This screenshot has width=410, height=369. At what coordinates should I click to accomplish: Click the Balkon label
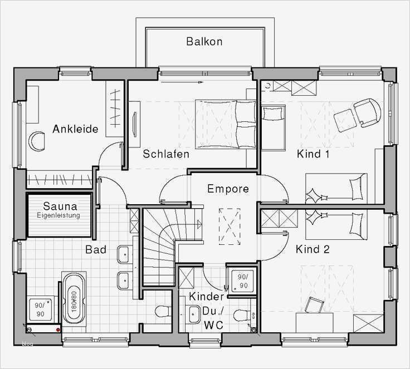[x=204, y=42]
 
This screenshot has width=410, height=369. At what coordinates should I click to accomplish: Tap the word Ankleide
[x=75, y=129]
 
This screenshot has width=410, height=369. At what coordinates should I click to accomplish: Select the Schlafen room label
[x=166, y=154]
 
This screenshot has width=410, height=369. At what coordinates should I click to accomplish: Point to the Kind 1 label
[x=313, y=154]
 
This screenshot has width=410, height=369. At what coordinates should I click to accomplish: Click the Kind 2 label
[x=313, y=249]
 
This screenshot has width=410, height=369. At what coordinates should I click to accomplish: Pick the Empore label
[x=228, y=189]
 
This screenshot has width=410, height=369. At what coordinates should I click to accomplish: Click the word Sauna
[x=60, y=206]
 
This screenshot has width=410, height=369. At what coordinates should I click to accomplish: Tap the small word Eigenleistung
[x=58, y=215]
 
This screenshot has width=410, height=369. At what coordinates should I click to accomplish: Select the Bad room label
[x=96, y=249]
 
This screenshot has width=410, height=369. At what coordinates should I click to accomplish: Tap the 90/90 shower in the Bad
[x=40, y=309]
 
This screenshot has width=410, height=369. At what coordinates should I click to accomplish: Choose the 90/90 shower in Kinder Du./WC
[x=242, y=281]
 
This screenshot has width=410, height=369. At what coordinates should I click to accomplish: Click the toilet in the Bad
[x=162, y=311]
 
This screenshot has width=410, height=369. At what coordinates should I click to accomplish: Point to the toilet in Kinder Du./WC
[x=242, y=316]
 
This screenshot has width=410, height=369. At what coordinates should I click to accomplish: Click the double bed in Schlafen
[x=225, y=124]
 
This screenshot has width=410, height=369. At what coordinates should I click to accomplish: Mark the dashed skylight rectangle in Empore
[x=230, y=227]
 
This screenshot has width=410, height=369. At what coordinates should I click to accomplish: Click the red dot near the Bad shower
[x=58, y=330]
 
